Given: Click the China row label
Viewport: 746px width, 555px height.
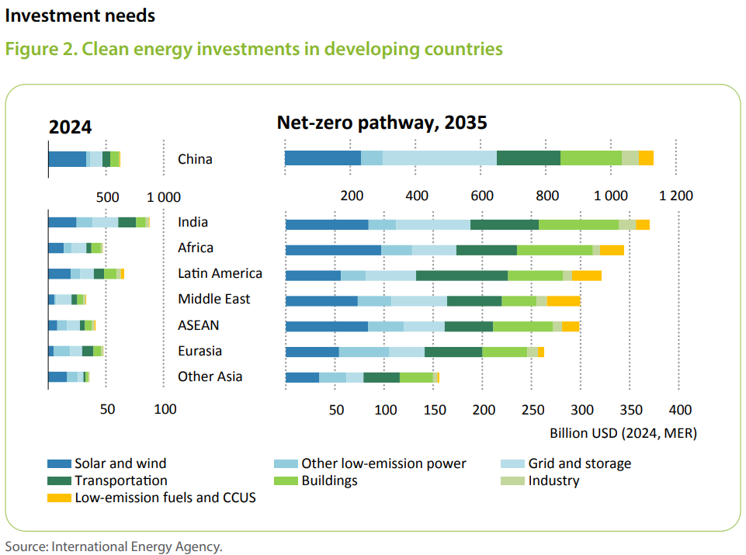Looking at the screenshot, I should coord(195,159).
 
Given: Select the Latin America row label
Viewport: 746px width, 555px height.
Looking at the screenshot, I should coord(220,273).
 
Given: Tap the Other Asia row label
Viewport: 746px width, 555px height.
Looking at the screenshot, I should coord(210,376).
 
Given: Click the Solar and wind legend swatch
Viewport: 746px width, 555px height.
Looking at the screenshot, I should coord(59,464).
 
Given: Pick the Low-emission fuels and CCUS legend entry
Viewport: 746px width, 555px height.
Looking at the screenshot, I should coord(165,498).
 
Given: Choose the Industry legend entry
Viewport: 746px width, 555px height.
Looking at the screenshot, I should coord(553,480).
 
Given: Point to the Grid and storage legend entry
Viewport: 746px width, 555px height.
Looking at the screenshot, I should coord(579,464).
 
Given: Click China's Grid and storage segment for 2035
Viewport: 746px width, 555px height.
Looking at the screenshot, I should coord(439,158).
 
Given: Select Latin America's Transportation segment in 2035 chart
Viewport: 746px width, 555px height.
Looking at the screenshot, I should coord(461,275).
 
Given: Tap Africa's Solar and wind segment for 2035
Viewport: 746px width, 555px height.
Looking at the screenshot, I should coord(333,250).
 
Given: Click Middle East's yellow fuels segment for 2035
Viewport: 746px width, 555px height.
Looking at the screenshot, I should coord(564,301).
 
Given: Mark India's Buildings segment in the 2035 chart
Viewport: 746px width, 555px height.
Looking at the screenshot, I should coord(578,224).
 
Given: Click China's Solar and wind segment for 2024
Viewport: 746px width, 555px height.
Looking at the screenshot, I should coord(67,159).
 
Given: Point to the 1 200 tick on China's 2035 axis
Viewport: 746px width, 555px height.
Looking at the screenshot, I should coord(675,196).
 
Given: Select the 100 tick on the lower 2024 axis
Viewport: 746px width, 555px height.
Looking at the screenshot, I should coord(165,409).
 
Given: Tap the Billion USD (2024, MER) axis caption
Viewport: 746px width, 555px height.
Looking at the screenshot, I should coord(623,433).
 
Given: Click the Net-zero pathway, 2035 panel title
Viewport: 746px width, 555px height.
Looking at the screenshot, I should coord(381,123).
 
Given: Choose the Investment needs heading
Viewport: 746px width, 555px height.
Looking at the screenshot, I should coord(80,16).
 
